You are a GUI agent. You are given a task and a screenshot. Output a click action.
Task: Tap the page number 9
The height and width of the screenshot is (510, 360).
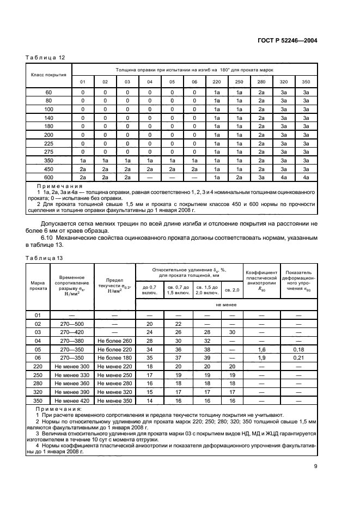315,466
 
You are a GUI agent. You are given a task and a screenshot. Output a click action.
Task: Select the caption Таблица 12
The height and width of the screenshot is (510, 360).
45,58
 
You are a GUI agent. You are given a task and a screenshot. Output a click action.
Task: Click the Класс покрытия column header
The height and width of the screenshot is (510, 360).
49,75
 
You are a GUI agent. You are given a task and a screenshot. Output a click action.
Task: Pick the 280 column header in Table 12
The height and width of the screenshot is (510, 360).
261,82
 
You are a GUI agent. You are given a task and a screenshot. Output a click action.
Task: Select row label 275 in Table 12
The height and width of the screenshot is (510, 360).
49,151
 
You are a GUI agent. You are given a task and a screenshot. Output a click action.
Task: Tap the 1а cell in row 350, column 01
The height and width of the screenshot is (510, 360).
83,160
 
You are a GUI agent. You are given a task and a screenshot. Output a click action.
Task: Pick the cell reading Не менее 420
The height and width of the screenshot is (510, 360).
71,401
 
